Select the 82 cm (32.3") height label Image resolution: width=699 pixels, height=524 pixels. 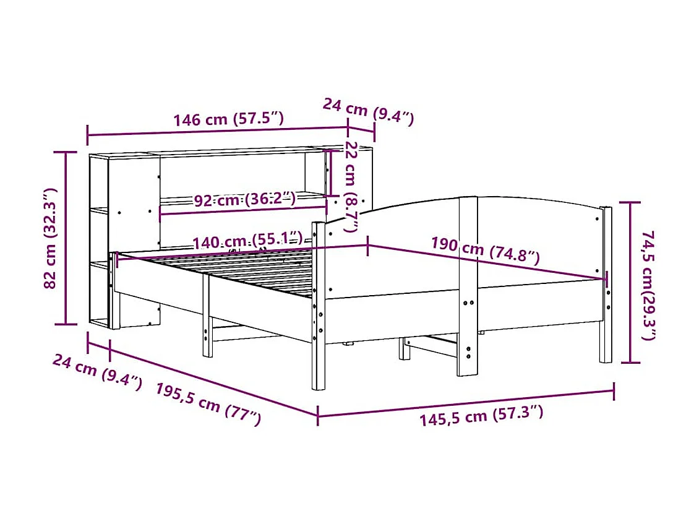[x=51, y=238]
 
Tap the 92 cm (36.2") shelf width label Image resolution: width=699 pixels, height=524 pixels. [x=244, y=200]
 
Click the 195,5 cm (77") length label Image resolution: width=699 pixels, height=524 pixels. [x=208, y=403]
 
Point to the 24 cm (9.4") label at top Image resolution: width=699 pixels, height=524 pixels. [x=368, y=111]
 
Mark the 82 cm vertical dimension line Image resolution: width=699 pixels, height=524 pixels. [x=67, y=238]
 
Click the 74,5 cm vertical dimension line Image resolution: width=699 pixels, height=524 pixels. [x=630, y=282]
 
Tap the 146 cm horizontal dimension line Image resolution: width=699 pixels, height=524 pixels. [x=217, y=131]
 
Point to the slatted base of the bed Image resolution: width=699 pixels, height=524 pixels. [x=247, y=272]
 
